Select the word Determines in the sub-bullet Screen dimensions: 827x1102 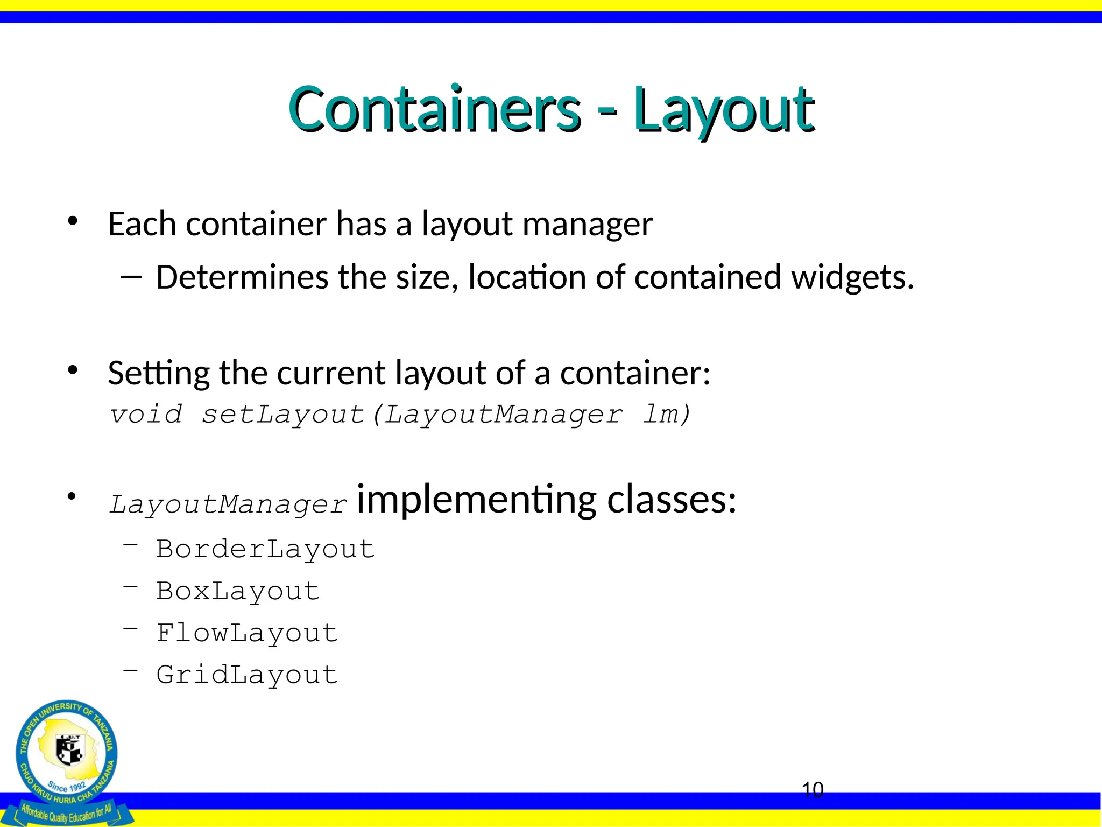click(x=242, y=278)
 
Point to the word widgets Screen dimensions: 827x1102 click(x=852, y=278)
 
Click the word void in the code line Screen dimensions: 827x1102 click(x=146, y=415)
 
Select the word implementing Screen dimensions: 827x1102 click(x=476, y=500)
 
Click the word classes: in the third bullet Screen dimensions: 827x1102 click(x=672, y=500)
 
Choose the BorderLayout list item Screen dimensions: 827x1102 click(x=265, y=550)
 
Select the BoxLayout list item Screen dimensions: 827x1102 click(x=238, y=592)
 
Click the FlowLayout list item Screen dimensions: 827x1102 click(x=247, y=633)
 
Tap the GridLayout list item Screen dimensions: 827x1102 click(x=247, y=675)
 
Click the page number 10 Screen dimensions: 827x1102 click(x=813, y=790)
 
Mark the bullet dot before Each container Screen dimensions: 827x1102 click(x=73, y=221)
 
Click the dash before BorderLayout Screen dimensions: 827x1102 click(x=131, y=545)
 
